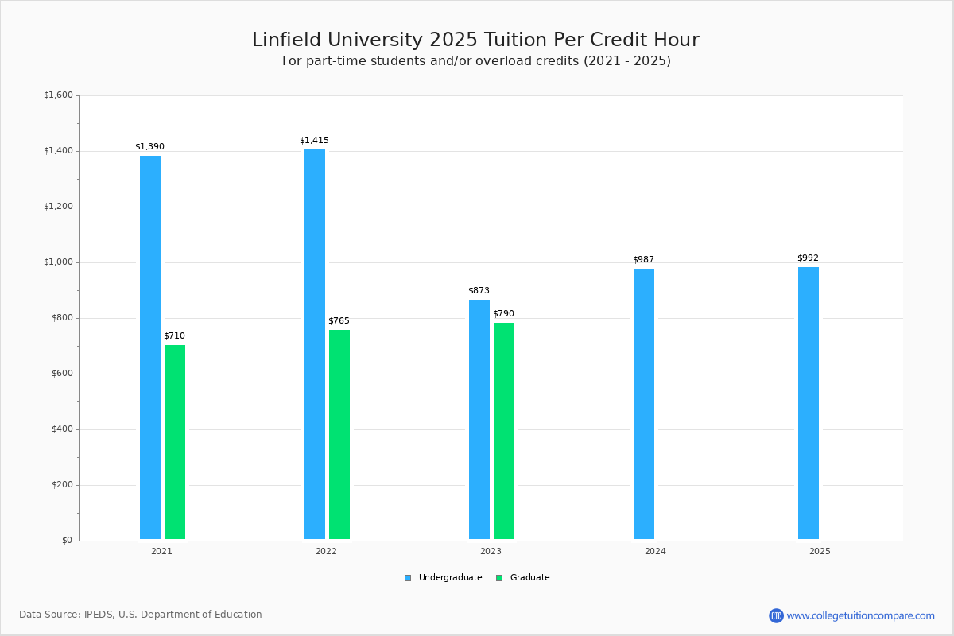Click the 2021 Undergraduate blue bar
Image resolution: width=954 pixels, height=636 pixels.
tap(150, 347)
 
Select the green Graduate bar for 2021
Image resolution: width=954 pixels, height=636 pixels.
tap(175, 442)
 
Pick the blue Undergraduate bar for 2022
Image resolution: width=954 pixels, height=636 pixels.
tap(315, 344)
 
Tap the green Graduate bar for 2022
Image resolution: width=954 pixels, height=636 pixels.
tap(339, 435)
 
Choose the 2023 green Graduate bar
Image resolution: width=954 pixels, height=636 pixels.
tap(504, 431)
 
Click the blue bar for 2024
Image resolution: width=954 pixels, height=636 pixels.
tap(644, 404)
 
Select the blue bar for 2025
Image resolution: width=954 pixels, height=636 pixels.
tap(809, 403)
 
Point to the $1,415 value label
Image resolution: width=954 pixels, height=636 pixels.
tap(314, 140)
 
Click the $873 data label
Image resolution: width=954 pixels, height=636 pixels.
tap(479, 290)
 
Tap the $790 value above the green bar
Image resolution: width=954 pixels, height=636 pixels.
tap(504, 313)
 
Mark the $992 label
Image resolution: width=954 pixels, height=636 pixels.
tap(808, 258)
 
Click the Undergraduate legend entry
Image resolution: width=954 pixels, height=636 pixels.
tap(444, 578)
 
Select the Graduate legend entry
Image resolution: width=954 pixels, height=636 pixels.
tap(523, 578)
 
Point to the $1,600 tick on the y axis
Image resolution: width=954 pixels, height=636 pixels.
tap(58, 95)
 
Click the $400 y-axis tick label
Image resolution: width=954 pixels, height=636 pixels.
tap(63, 429)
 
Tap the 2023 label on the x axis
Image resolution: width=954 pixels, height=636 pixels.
tap(491, 551)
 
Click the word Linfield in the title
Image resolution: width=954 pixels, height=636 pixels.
tap(286, 40)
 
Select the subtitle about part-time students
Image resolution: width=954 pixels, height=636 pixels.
tap(476, 61)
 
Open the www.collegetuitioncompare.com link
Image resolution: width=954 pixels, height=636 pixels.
tap(860, 615)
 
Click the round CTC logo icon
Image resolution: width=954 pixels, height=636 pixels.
tap(776, 615)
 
